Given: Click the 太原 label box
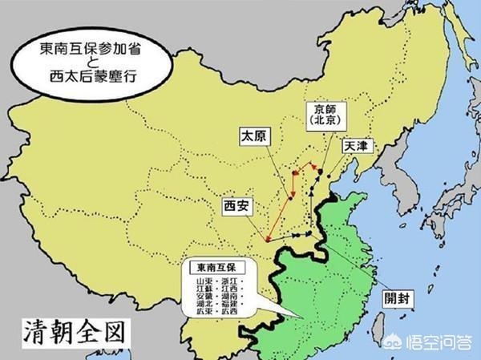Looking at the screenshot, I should click(x=254, y=136).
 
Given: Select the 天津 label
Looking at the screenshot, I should click(x=357, y=148).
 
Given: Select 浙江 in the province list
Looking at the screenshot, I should click(x=237, y=282).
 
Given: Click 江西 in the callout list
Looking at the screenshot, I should click(x=237, y=291).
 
